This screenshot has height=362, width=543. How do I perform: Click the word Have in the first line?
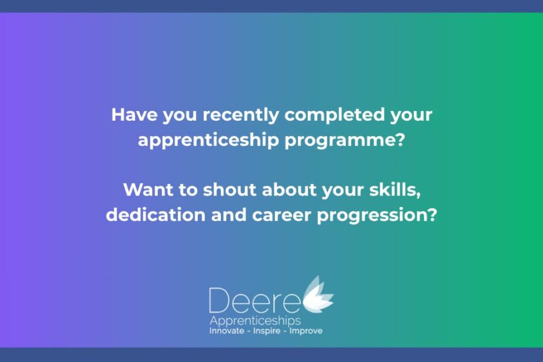point(134,115)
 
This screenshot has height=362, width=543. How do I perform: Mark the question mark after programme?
point(401,139)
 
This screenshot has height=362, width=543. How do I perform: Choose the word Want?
point(148,190)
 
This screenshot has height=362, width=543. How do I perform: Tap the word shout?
point(230,189)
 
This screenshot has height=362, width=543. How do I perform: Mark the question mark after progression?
point(433,215)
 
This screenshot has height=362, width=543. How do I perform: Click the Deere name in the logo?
point(255,300)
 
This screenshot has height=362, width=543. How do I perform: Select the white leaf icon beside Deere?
point(318,294)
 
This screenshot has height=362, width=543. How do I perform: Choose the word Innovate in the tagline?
point(227,331)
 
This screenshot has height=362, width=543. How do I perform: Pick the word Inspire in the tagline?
point(267,331)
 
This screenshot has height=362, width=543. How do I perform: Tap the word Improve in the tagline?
point(306,331)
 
